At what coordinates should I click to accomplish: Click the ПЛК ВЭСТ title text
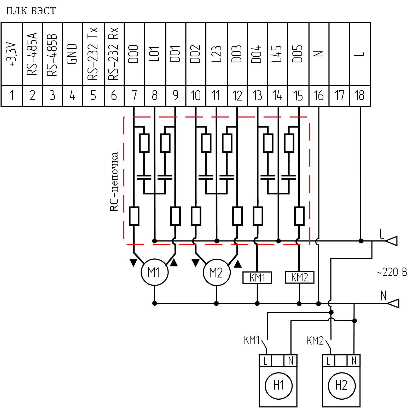pos(31,11)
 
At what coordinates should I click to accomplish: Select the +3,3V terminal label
pos(11,54)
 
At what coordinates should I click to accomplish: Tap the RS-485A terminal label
pos(32,54)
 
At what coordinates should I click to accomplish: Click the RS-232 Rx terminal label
pos(114,54)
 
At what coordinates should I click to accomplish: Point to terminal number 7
pos(134,95)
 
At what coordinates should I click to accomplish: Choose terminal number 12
pos(237,95)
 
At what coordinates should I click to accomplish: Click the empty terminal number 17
pos(339,95)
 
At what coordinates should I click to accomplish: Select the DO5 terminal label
pos(298,54)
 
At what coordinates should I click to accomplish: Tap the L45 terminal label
pos(277,54)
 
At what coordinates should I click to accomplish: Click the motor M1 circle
pos(154,273)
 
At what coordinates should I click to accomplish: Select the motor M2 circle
pos(217,273)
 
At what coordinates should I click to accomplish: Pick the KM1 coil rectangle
pos(257,277)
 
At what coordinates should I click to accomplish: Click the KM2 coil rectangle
pos(299,277)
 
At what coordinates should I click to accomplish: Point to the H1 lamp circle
pos(279,386)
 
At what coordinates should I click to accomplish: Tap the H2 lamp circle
pos(342,386)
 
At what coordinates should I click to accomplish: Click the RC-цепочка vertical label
pos(114,181)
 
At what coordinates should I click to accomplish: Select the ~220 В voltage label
pos(392,272)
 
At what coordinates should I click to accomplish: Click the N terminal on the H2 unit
pos(354,361)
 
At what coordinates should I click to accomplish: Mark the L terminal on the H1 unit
pos(265,361)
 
